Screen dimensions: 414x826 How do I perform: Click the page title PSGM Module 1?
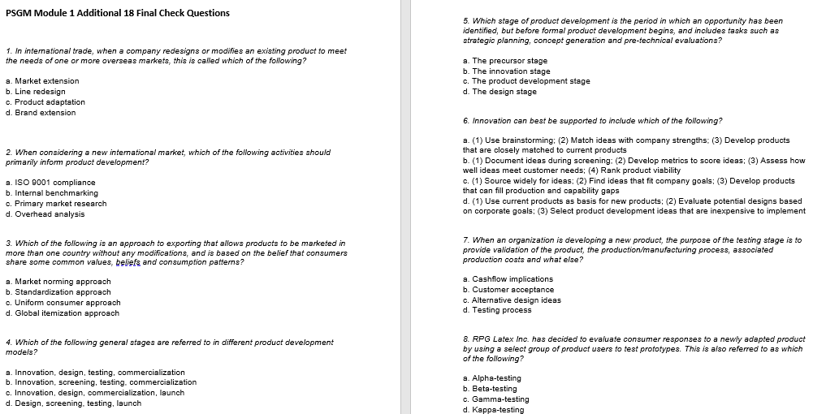click(x=117, y=13)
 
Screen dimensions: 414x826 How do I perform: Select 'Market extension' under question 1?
click(x=46, y=81)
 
